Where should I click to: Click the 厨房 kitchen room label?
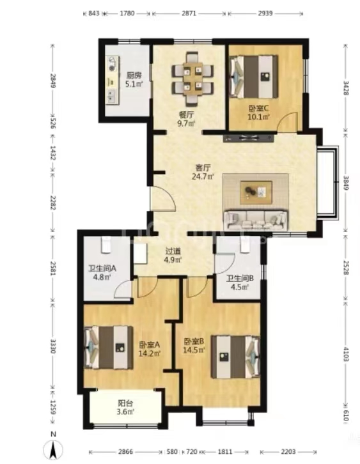[x=134, y=75]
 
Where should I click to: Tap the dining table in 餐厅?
[x=192, y=79]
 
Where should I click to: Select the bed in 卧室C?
[x=254, y=76]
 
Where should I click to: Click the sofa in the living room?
[x=256, y=220]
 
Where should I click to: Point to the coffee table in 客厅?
[x=256, y=192]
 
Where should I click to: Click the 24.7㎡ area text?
[x=203, y=177]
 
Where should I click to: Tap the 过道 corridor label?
[x=173, y=252]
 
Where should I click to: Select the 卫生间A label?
[x=102, y=268]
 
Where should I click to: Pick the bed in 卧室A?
[x=108, y=348]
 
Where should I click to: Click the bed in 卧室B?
[x=235, y=357]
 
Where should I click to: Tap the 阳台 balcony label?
[x=125, y=403]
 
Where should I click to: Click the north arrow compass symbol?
[x=53, y=451]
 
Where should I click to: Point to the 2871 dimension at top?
[x=189, y=13]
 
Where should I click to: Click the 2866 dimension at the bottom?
[x=126, y=452]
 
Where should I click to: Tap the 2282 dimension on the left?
[x=53, y=203]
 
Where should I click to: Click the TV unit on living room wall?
[x=249, y=137]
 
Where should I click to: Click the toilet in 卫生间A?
[x=106, y=244]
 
